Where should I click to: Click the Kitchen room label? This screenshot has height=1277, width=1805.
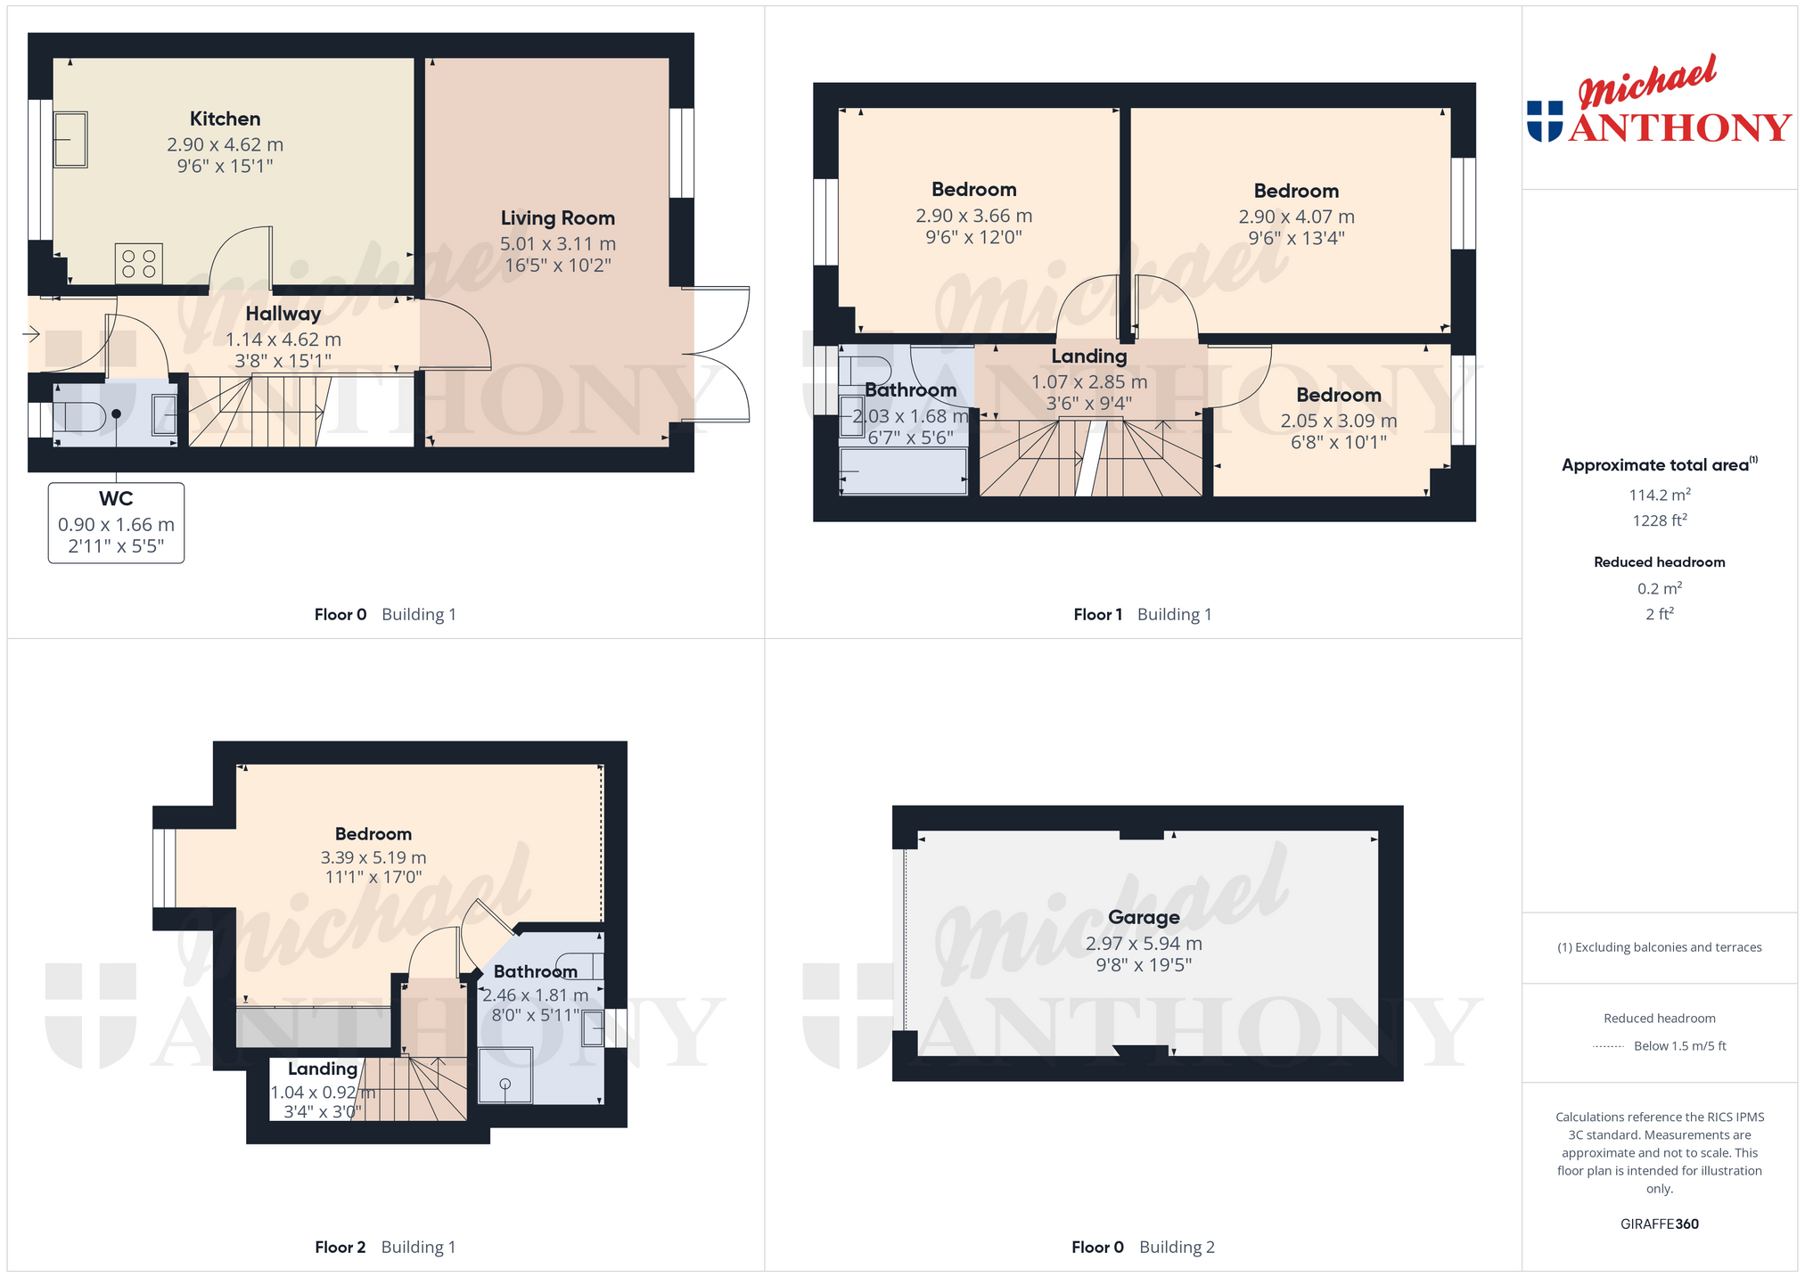[x=225, y=119]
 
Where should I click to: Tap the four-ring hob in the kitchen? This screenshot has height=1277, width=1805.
[x=139, y=263]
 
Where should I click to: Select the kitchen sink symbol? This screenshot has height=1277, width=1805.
[x=70, y=139]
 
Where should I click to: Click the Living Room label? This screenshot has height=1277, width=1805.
[x=557, y=218]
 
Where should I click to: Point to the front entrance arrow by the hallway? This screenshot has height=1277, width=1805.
[x=31, y=334]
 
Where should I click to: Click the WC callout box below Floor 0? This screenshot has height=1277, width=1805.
[x=116, y=522]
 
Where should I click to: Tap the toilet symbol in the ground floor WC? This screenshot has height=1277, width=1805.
[x=80, y=415]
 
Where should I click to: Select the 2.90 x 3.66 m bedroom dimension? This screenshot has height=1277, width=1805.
[x=973, y=216]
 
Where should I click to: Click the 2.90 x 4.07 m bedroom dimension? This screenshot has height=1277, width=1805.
[x=1296, y=217]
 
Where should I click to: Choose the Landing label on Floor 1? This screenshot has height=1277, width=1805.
[x=1088, y=356]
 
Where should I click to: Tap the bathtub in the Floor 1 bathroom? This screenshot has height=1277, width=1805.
[x=904, y=471]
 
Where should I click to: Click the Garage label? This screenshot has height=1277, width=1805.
[x=1144, y=917]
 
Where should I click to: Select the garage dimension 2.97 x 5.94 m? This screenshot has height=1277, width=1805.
[x=1144, y=943]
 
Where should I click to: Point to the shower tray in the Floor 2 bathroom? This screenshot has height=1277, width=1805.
[x=505, y=1075]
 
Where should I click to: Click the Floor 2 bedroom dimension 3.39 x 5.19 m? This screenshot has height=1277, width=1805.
[x=373, y=857]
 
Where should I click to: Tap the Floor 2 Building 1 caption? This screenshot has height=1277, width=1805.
[x=385, y=1247]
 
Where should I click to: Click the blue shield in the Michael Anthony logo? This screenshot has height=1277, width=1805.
[x=1545, y=121]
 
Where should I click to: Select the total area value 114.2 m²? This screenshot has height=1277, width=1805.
[x=1659, y=495]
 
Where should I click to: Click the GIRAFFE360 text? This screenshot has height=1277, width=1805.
[x=1659, y=1224]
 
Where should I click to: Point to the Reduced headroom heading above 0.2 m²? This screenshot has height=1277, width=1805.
[x=1659, y=562]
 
